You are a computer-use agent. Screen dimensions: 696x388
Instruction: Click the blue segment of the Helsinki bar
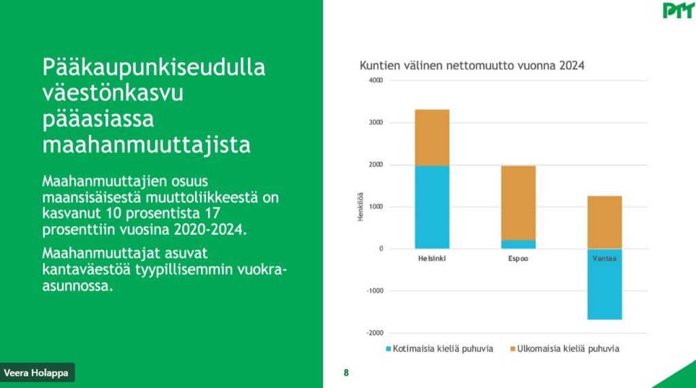coord(432,207)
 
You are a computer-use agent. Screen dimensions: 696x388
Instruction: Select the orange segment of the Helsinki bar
coord(432,138)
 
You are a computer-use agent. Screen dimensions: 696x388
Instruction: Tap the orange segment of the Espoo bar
coord(518,203)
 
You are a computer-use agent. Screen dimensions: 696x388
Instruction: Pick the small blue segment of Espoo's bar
coord(518,245)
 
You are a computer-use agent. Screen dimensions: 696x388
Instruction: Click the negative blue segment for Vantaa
coord(604,284)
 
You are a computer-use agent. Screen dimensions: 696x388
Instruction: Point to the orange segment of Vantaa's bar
coord(604,222)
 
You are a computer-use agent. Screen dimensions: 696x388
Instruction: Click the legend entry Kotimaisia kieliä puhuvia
coord(440,349)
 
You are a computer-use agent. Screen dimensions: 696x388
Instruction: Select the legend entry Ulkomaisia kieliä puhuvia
coord(565,349)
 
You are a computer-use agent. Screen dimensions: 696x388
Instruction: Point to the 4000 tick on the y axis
coord(375,80)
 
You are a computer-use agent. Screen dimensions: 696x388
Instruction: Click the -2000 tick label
coord(375,333)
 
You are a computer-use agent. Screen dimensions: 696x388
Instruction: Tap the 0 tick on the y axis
coord(381,249)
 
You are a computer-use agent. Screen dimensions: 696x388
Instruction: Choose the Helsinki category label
coord(432,258)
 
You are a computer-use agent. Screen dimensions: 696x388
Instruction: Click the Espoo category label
coord(518,258)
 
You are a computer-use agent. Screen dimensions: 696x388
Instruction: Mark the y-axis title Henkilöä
coord(360,207)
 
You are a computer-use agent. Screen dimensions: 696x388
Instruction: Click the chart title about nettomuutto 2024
coord(472,66)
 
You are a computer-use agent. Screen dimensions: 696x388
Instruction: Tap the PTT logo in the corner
coord(678,10)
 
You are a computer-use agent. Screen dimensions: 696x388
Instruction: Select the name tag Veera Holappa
coord(37,372)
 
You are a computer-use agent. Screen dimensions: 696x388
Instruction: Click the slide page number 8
coord(346,373)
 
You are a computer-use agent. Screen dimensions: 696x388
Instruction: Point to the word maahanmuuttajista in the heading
coord(147,145)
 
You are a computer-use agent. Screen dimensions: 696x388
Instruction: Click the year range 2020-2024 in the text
coord(210,230)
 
